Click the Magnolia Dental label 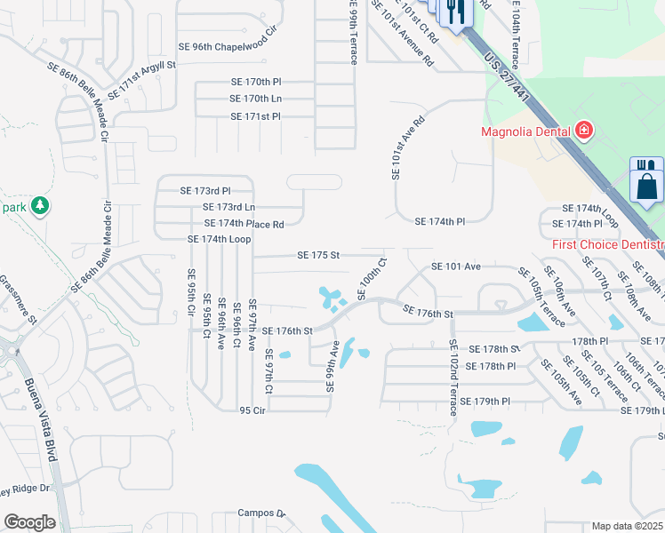pos(525,133)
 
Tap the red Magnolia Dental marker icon pos(583,132)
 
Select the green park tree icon pos(38,207)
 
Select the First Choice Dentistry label pos(608,244)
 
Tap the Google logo pos(29,522)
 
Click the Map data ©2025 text pos(628,526)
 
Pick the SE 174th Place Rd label pos(244,224)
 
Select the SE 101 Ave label pos(455,266)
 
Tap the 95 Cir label pos(252,410)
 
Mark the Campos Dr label pos(260,513)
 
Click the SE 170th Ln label pos(255,99)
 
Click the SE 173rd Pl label pos(205,190)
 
